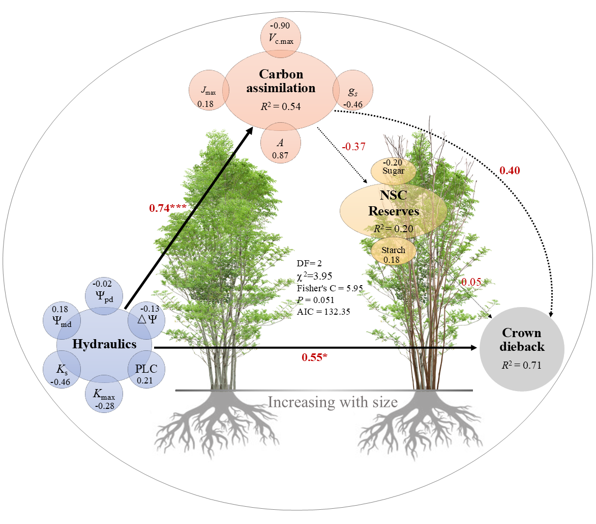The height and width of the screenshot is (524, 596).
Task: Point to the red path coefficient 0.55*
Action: click(x=314, y=357)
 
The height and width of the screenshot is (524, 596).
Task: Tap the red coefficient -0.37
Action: click(x=353, y=147)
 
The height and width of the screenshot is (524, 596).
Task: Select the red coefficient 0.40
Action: click(x=510, y=171)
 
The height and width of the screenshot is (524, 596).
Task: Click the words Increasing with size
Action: click(x=333, y=402)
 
